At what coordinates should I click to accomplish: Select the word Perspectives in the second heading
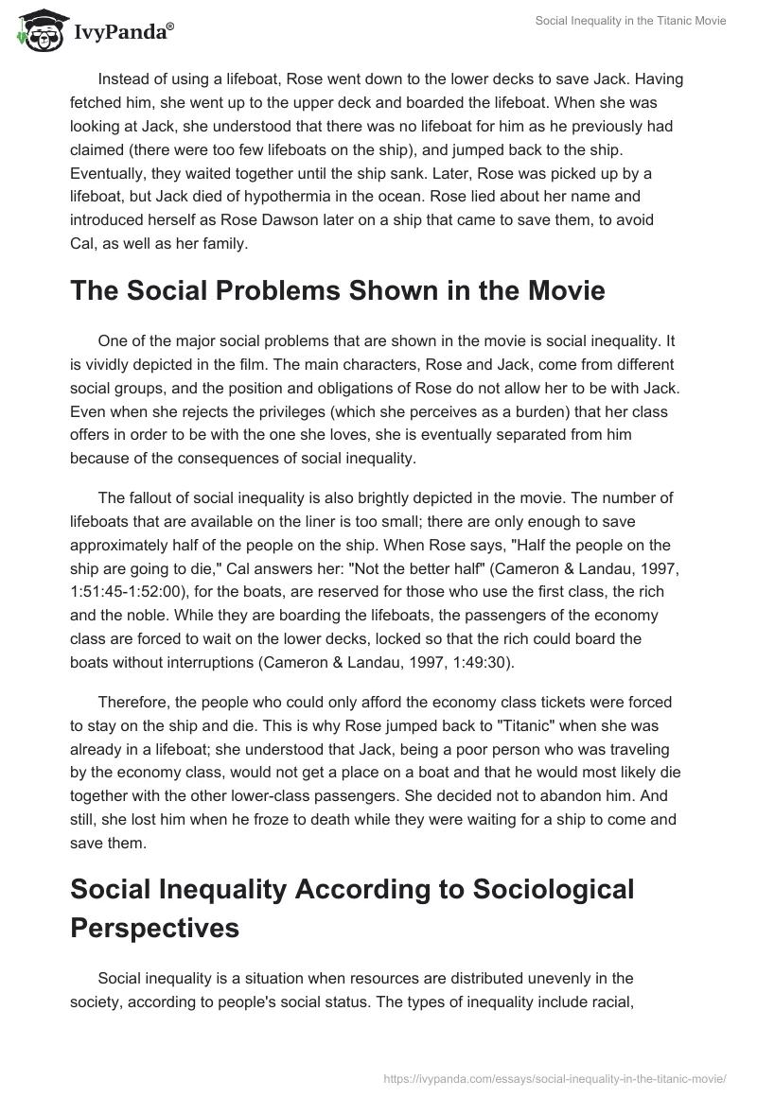coord(154,928)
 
